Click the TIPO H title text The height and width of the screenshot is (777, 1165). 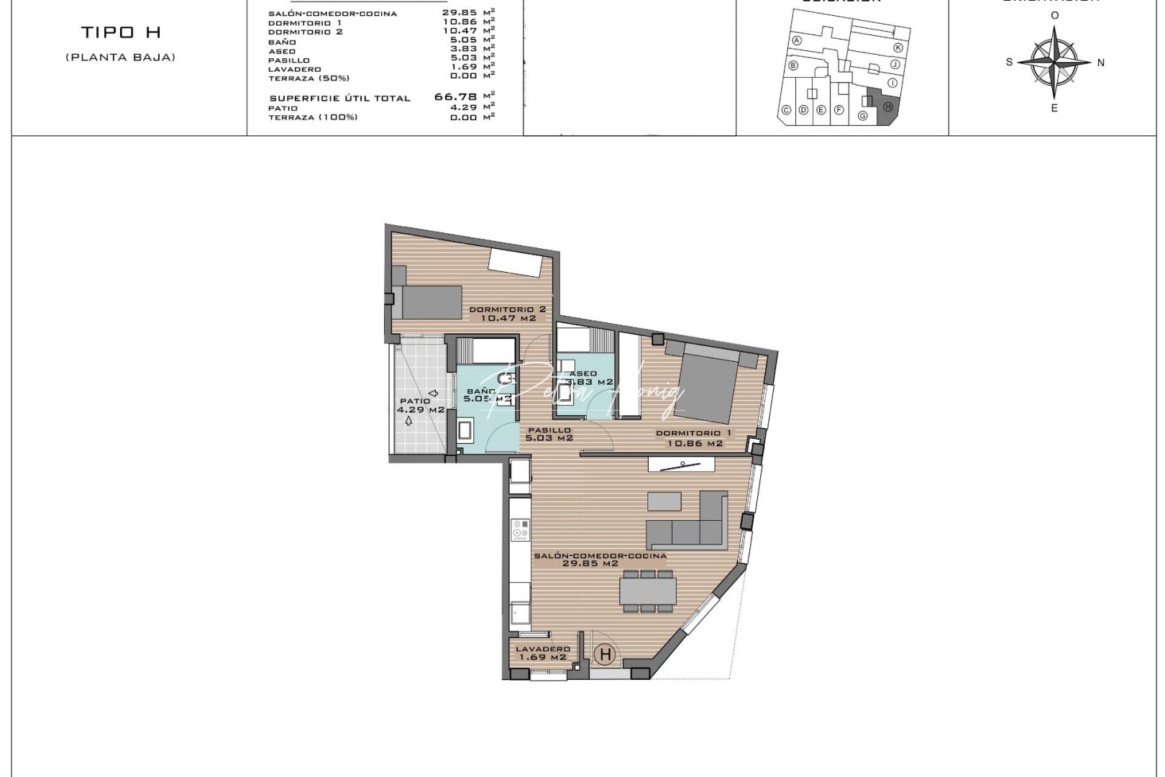(x=120, y=32)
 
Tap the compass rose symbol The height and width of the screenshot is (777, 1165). (x=1054, y=62)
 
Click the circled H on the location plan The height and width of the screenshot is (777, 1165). (x=887, y=106)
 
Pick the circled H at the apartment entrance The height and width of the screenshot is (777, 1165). (x=606, y=655)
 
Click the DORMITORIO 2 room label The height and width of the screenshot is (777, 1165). (x=507, y=314)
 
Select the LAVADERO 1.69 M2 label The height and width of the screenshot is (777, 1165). (x=542, y=653)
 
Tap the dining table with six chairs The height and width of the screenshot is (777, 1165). (x=648, y=591)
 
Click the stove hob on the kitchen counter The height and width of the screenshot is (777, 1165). (x=518, y=530)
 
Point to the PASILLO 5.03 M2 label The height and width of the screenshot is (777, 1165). (x=549, y=434)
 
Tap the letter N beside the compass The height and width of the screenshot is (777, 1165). (x=1100, y=63)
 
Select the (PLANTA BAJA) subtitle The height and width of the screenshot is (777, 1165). (x=120, y=57)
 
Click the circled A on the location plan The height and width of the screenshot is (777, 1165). (x=796, y=41)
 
